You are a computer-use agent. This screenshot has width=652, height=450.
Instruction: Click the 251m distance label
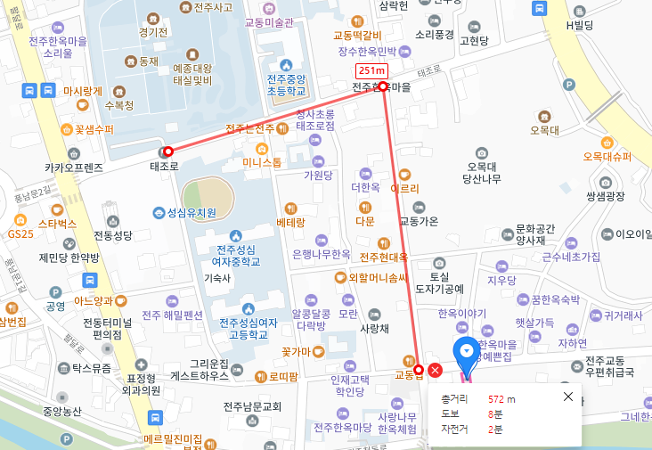pyautogui.click(x=371, y=70)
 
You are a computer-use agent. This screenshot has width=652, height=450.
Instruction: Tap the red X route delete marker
pyautogui.click(x=435, y=371)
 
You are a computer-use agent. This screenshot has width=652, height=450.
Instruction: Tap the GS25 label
pyautogui.click(x=20, y=233)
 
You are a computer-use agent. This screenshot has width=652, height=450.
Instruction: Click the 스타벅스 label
pyautogui.click(x=58, y=223)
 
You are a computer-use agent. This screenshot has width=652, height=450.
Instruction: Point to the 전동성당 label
pyautogui.click(x=112, y=236)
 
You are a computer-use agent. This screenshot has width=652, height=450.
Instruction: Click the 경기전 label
pyautogui.click(x=153, y=33)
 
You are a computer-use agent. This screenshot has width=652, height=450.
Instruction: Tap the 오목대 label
pyautogui.click(x=543, y=130)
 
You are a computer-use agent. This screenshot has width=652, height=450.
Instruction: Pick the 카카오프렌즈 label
pyautogui.click(x=74, y=167)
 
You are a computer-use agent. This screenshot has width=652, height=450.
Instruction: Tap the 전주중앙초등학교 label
pyautogui.click(x=285, y=85)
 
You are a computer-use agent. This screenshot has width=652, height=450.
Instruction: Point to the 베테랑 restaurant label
pyautogui.click(x=291, y=221)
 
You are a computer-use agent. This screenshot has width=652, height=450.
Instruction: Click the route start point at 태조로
pyautogui.click(x=167, y=151)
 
